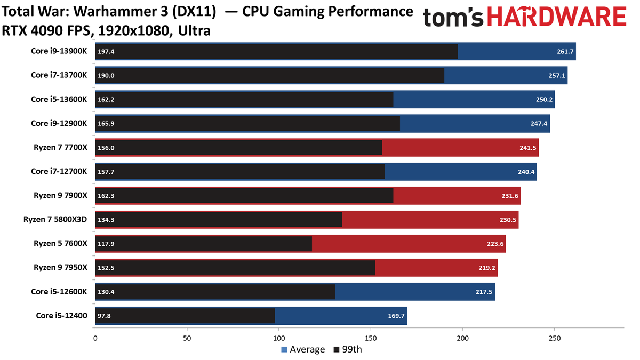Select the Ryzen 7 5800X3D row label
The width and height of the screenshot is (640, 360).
point(55,219)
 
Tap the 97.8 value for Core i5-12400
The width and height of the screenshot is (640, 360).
point(105,316)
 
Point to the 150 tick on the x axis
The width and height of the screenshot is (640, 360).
point(371,338)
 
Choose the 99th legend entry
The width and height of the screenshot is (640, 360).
point(347,349)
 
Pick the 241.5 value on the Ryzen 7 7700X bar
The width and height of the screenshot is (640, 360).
point(527,148)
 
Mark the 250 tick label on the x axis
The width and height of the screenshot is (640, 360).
point(555,338)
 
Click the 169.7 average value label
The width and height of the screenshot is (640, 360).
point(396,316)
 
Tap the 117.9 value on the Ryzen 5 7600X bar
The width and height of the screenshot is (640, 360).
point(106,244)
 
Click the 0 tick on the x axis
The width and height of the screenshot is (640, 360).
point(95,338)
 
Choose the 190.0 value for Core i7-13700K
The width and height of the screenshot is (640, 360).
point(106,76)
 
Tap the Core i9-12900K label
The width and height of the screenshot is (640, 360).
point(59,123)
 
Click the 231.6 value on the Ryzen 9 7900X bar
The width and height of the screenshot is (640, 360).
point(509,196)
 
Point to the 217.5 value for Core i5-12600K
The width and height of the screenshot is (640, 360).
point(483,292)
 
